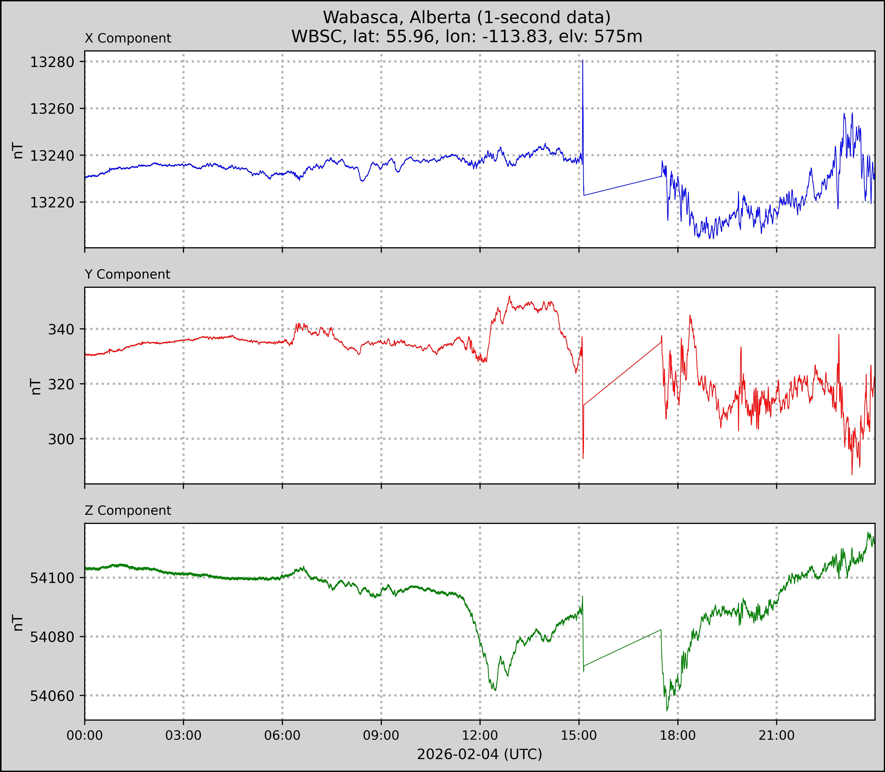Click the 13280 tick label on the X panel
click(x=52, y=62)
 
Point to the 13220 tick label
click(x=52, y=202)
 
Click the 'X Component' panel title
click(x=128, y=38)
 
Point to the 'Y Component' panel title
click(x=127, y=274)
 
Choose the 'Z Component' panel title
click(x=128, y=511)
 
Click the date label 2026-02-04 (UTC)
click(x=479, y=754)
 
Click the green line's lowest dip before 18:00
click(x=667, y=710)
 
